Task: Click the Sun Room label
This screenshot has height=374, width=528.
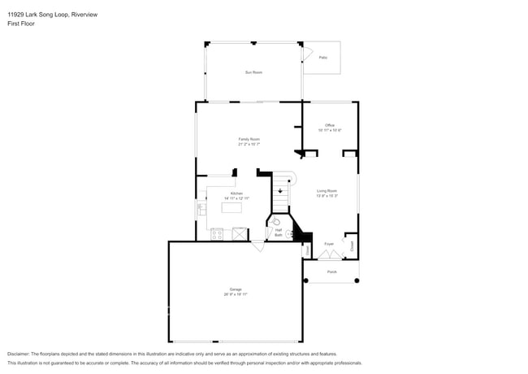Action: [x=253, y=72]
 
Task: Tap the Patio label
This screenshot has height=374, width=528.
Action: [x=322, y=57]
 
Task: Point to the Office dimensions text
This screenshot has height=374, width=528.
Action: [x=330, y=130]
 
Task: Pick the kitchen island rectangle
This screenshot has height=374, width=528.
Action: [x=232, y=207]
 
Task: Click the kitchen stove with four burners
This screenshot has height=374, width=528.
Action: [x=218, y=234]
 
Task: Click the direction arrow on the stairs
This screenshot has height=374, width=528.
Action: [x=280, y=192]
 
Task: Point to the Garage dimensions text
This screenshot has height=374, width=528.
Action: [x=236, y=295]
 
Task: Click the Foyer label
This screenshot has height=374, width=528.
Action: [x=329, y=243]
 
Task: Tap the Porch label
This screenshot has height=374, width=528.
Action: [x=331, y=272]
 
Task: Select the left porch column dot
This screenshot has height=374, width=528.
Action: [x=306, y=280]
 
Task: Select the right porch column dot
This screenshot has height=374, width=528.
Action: [x=357, y=280]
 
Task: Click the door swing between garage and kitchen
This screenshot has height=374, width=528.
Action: [x=258, y=246]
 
